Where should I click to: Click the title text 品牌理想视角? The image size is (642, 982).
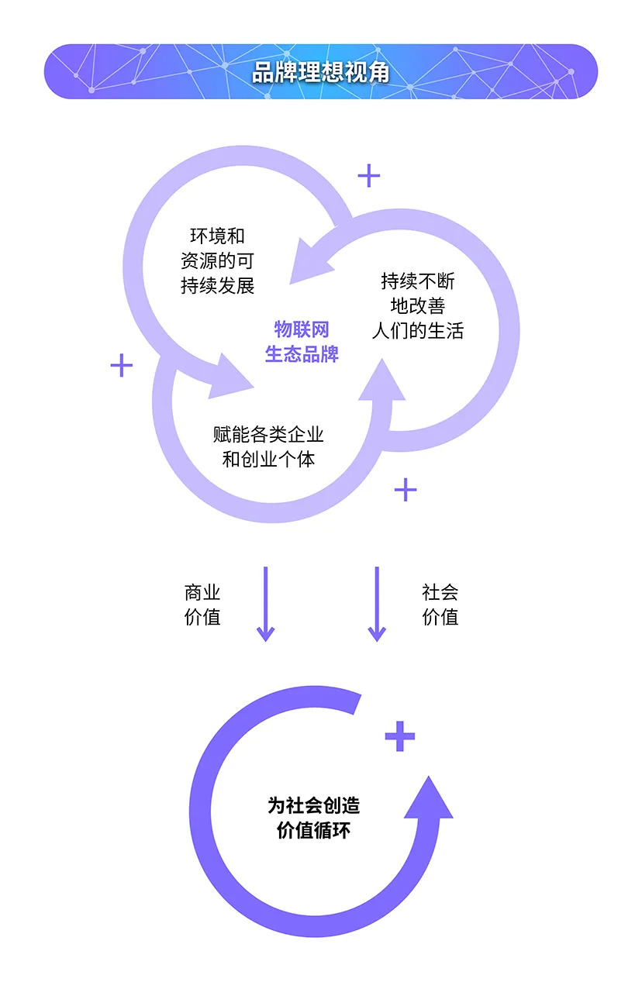click(320, 72)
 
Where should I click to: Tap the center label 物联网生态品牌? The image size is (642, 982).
click(302, 342)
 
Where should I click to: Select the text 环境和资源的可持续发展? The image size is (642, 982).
click(217, 261)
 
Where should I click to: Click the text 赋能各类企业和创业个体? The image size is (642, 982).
click(268, 446)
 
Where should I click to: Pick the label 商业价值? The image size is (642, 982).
click(202, 605)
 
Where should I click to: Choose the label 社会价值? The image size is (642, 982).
click(440, 605)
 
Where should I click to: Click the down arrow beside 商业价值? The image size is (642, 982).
click(265, 604)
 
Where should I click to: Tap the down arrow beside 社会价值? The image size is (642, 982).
click(377, 604)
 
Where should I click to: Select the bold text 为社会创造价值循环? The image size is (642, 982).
click(314, 818)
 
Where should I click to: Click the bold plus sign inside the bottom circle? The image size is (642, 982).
click(400, 736)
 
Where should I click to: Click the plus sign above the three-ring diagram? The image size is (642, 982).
click(369, 176)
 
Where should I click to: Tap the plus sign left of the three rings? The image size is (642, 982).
click(122, 365)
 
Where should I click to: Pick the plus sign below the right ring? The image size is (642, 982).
click(406, 489)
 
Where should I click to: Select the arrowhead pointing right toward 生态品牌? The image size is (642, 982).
click(233, 375)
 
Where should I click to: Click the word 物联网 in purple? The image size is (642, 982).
click(302, 329)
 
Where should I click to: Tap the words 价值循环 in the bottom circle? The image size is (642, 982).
click(314, 831)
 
